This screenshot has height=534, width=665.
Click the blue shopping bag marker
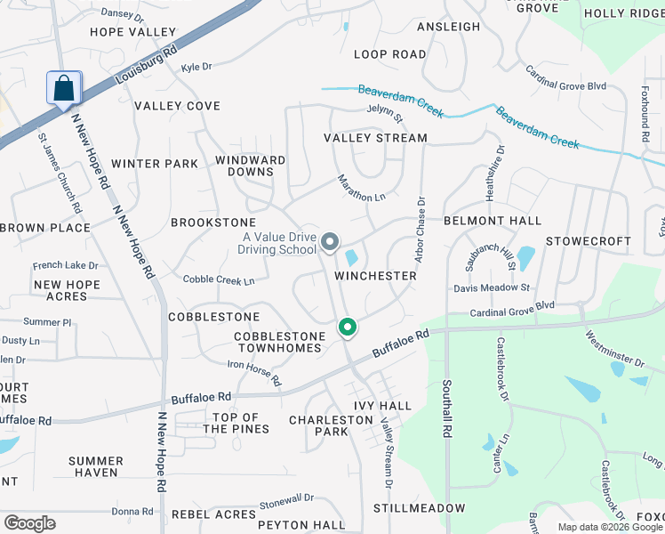[x=64, y=89]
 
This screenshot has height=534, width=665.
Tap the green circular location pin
[x=348, y=328]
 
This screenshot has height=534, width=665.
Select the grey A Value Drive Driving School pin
[x=330, y=241]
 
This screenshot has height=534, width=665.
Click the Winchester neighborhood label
[x=375, y=276]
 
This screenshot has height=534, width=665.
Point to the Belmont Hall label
[x=493, y=221]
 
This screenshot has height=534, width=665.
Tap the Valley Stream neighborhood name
[x=375, y=138]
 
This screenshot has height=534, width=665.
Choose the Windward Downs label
[x=251, y=166]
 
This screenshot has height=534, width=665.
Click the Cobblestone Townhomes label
[x=278, y=342]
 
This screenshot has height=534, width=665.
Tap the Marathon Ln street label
[x=362, y=187]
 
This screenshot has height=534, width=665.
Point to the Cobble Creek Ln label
[x=219, y=279]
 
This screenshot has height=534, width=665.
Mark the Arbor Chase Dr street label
[x=421, y=227]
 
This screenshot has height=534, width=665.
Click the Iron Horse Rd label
[x=254, y=372]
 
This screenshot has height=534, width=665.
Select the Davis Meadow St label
[x=492, y=287]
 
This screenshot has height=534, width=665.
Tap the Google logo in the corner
[x=29, y=523]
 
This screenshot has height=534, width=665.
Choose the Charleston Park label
[x=318, y=425]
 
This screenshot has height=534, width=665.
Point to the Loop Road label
[x=390, y=54]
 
